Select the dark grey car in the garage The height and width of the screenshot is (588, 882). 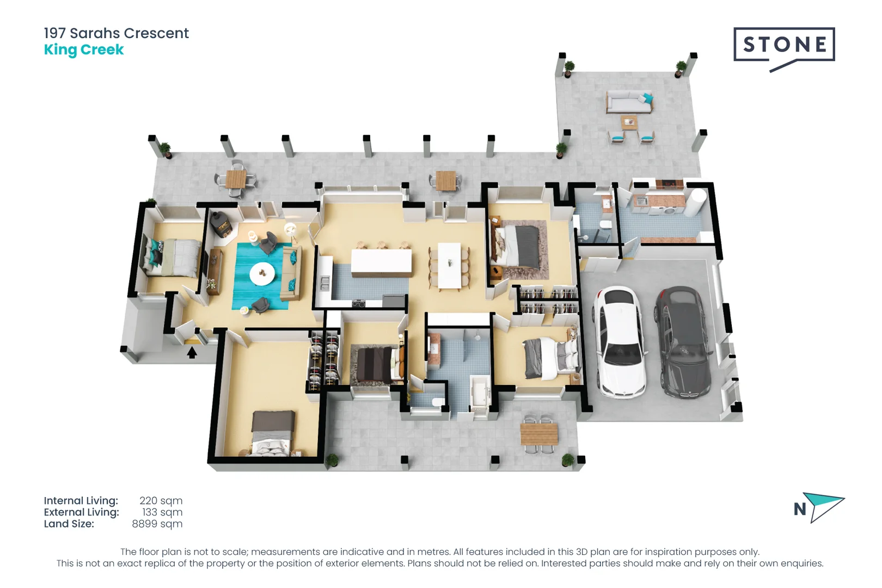683,342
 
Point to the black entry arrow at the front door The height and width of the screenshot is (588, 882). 192,353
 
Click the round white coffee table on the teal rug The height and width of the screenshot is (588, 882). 262,273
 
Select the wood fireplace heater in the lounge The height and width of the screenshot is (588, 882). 220,224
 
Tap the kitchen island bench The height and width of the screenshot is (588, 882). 381,262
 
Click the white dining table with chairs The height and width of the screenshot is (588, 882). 449,266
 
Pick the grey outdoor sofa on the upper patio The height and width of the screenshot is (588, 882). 629,101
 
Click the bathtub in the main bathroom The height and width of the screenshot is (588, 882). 480,392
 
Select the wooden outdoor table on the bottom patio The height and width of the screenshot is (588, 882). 538,434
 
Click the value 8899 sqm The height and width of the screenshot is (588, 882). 157,524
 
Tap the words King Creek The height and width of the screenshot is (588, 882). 84,50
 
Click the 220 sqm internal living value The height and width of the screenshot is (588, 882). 161,501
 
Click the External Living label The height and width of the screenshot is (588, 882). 81,512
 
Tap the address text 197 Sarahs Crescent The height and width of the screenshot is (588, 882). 116,33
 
